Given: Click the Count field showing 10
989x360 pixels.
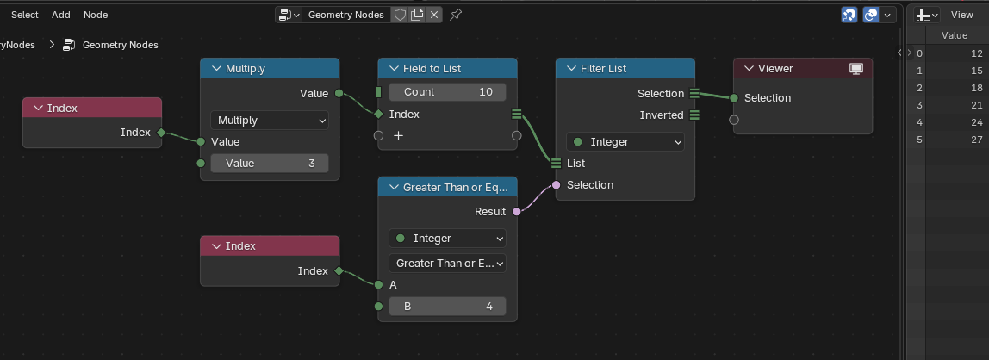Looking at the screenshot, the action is coord(447,92).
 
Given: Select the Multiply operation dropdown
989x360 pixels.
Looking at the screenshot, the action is coord(270,120).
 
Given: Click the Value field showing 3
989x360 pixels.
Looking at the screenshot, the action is coord(270,164).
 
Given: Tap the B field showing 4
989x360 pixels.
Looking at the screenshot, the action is coord(447,307).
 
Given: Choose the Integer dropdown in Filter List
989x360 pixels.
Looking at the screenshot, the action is coord(625,142).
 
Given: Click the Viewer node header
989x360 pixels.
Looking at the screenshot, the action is coord(803,68).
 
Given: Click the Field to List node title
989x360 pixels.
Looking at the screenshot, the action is coord(432,68).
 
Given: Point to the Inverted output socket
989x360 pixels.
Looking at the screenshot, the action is coord(694,115).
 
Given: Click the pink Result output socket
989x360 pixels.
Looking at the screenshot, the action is coord(517,211).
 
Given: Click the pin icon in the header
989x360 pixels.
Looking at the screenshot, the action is coord(456,15).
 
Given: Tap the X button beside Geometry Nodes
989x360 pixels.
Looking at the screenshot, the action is coord(433,15).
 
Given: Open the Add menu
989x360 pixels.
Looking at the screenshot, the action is coord(60,15).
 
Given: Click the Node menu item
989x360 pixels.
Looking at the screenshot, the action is coord(96,15).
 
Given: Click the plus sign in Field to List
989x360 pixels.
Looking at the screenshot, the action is coord(399,135).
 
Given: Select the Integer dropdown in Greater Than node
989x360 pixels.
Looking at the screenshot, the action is coord(447,239).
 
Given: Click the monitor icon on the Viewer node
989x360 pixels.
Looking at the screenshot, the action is coord(856,69).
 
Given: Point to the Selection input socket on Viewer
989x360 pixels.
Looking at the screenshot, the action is coord(733,97).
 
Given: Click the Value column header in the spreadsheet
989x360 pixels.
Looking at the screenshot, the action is coord(955,35).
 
